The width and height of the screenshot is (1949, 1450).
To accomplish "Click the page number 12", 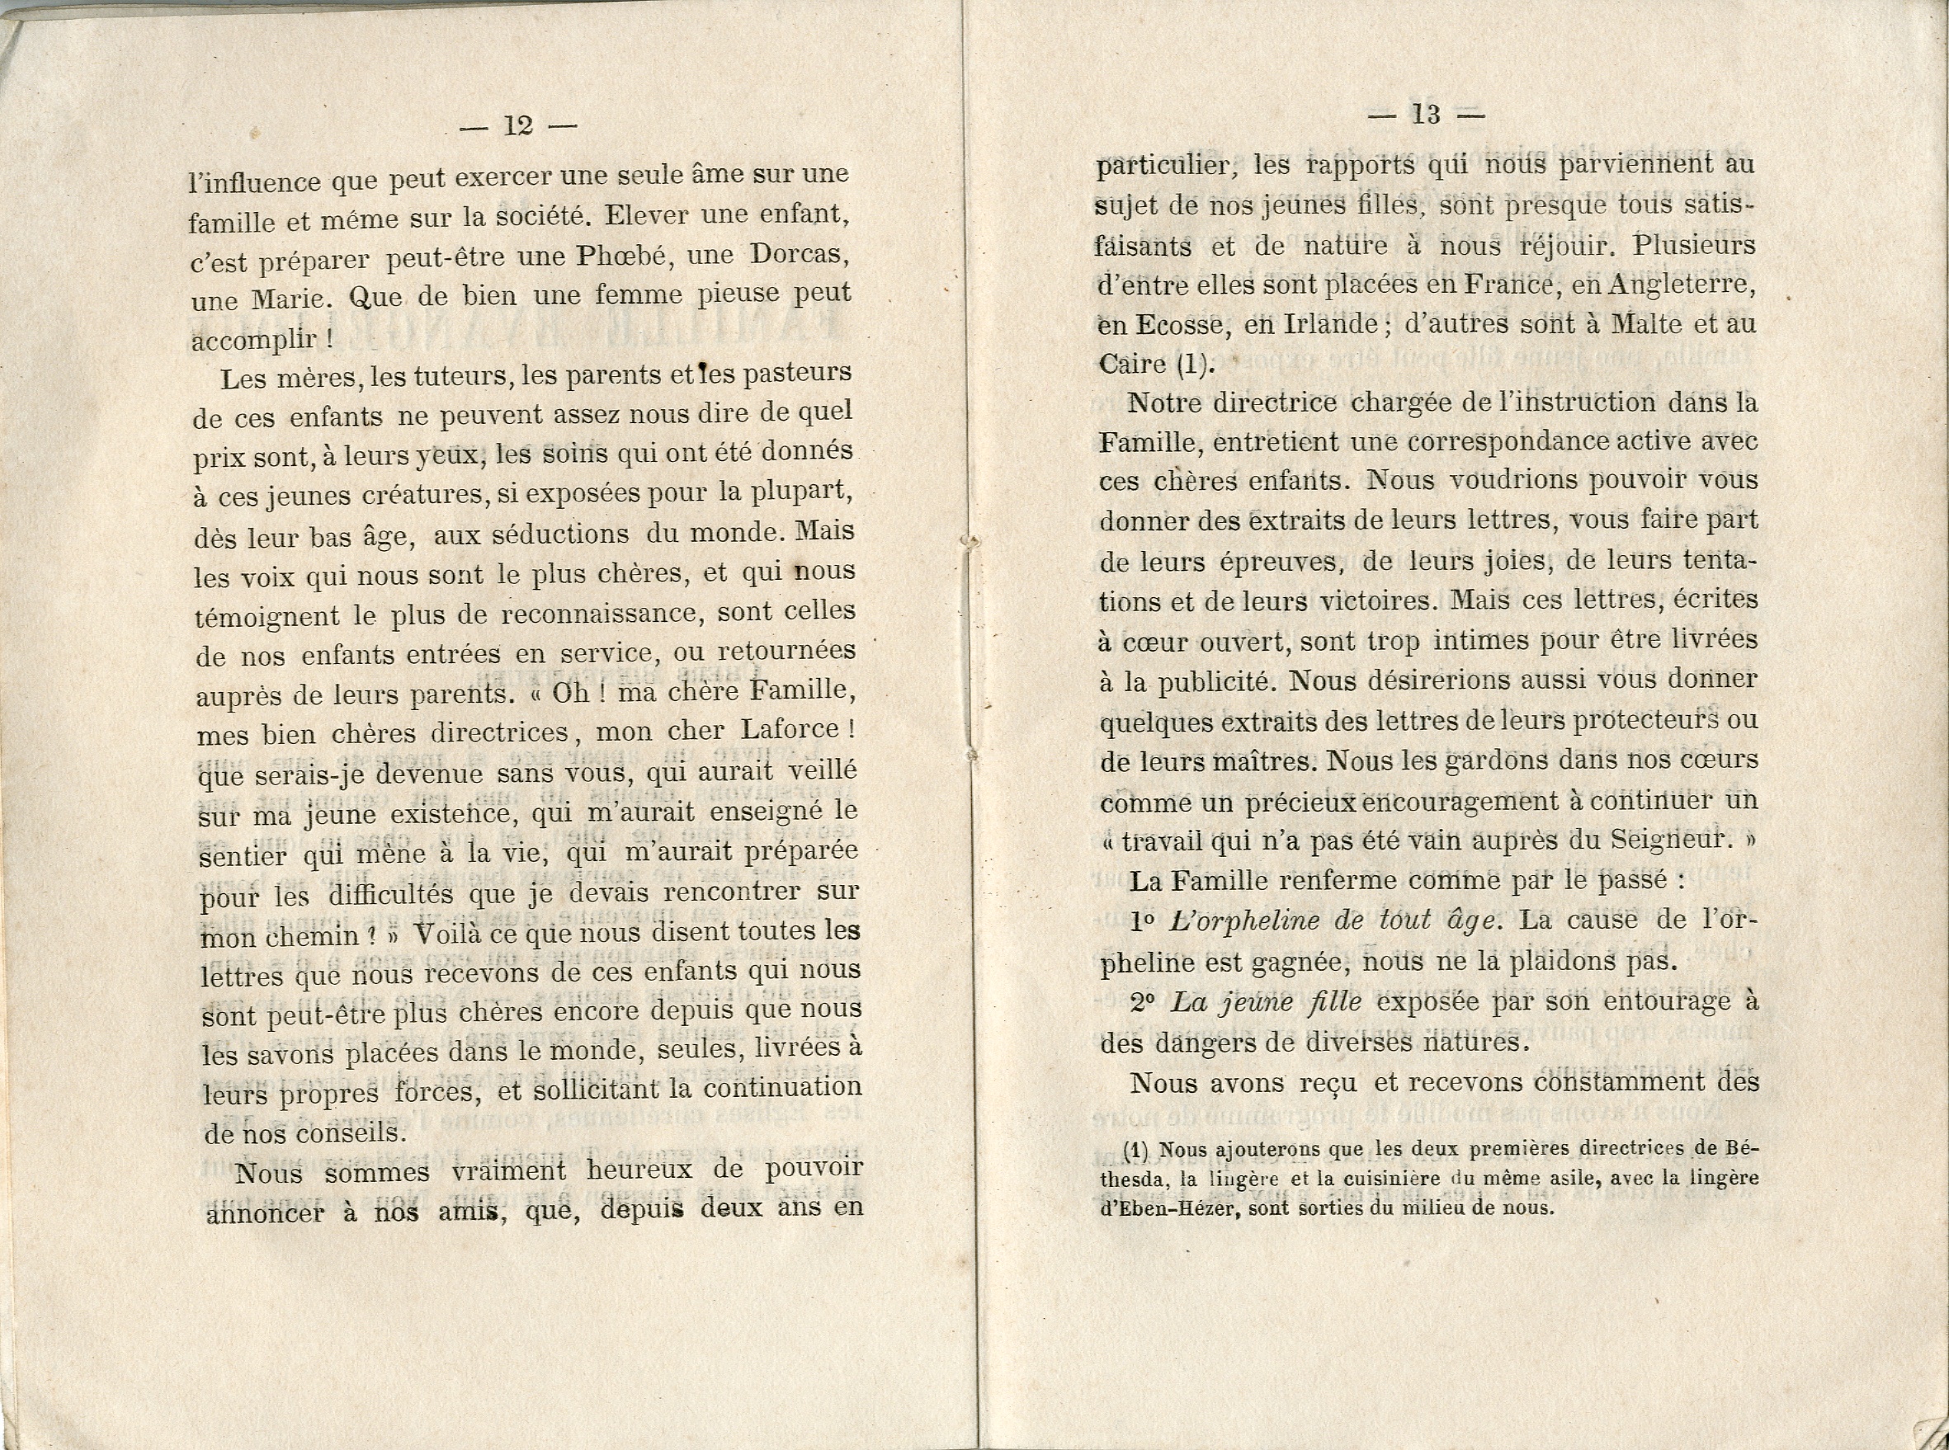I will (518, 126).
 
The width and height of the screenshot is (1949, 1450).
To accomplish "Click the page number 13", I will (1426, 115).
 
